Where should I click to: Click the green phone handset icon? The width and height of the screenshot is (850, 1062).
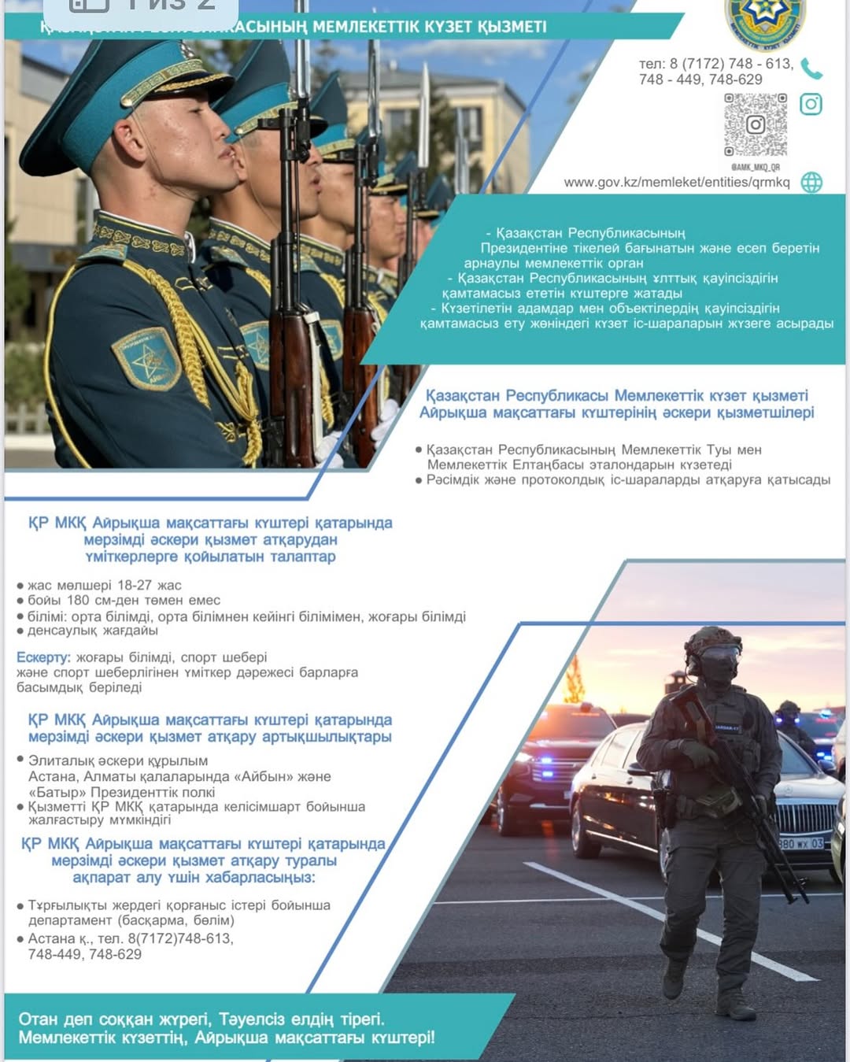[x=811, y=69]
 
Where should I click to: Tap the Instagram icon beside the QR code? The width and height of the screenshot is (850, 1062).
[x=811, y=104]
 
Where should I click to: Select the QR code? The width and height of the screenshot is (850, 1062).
[x=755, y=124]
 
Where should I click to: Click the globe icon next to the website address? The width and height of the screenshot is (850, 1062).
[x=811, y=182]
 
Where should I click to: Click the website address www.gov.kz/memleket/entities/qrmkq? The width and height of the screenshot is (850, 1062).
[x=677, y=182]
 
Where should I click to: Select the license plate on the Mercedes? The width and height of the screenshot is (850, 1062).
[x=801, y=843]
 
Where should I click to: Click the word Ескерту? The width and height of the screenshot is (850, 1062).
[x=43, y=657]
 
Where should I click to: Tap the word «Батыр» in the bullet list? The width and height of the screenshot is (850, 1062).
[x=56, y=792]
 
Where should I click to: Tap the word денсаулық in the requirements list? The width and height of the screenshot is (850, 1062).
[x=62, y=631]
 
